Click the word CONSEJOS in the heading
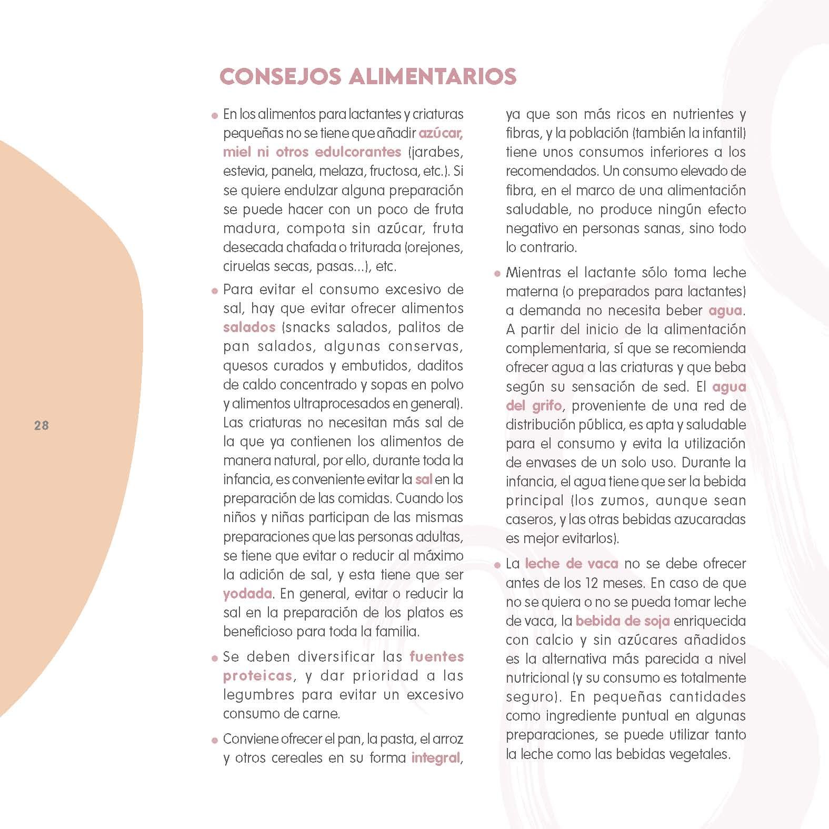[x=281, y=77]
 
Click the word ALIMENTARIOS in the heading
[x=432, y=77]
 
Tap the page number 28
[x=42, y=426]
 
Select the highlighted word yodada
[x=247, y=594]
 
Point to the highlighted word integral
[x=435, y=758]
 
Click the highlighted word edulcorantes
[x=358, y=152]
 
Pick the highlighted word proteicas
[x=257, y=676]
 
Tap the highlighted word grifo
[x=546, y=406]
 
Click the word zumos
[x=620, y=501]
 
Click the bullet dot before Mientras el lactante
[x=497, y=274]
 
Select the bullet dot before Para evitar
[x=214, y=291]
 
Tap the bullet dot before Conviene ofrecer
[x=214, y=740]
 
